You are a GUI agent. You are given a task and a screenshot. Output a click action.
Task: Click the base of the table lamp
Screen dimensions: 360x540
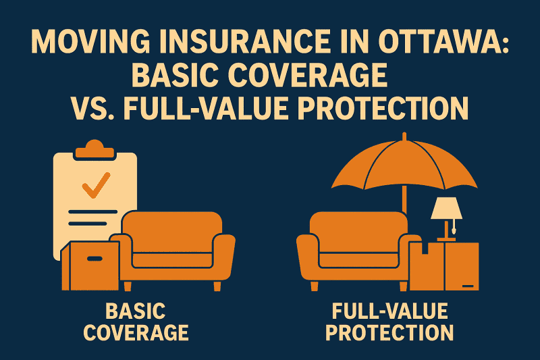[x=446, y=238]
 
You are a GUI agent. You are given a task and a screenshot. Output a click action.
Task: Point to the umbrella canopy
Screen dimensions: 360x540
[x=404, y=165]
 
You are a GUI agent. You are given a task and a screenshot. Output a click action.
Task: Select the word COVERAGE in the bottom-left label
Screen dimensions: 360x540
[x=145, y=333]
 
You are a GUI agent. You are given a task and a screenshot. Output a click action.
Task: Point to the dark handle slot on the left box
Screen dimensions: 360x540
[x=95, y=257]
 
